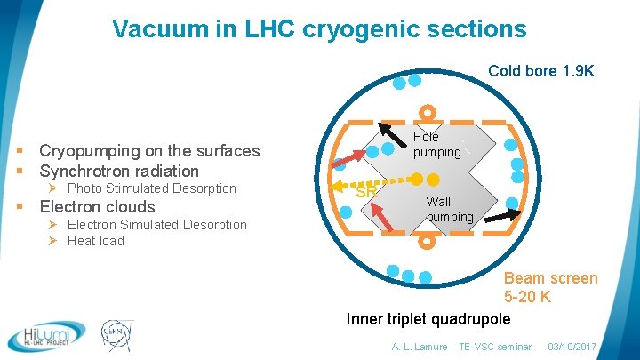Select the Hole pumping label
tap(436, 144)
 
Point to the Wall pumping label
tap(449, 209)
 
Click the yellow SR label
tap(365, 190)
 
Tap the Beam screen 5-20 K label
tap(551, 287)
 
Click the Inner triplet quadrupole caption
tap(428, 319)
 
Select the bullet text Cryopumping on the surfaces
tap(149, 151)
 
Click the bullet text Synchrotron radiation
tap(119, 171)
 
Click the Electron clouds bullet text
tap(97, 207)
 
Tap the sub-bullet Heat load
tap(95, 241)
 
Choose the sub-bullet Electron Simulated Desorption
tap(157, 225)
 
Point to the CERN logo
tap(116, 336)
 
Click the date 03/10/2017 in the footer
tap(573, 347)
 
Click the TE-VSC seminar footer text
tap(494, 347)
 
